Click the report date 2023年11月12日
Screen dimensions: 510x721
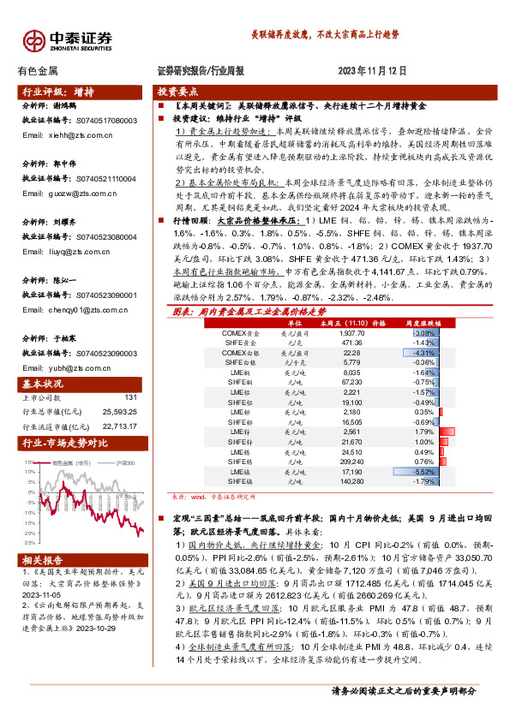coord(370,71)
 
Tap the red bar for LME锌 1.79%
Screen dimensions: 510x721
coord(446,432)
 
